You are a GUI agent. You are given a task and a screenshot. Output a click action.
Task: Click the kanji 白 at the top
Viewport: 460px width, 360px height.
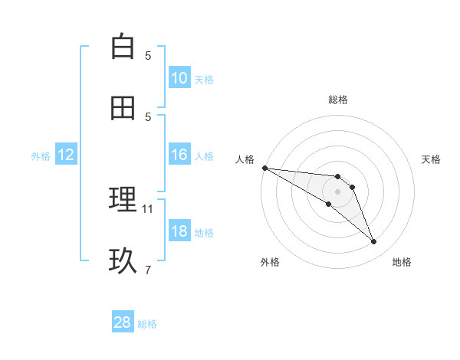point(123,47)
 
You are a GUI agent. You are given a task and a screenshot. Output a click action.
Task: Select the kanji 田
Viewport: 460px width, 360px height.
point(123,108)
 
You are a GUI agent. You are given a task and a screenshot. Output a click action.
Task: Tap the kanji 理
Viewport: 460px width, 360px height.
point(123,200)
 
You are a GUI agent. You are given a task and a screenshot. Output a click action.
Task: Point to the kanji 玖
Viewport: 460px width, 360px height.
point(123,261)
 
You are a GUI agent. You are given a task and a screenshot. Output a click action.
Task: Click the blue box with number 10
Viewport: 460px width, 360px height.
point(179,78)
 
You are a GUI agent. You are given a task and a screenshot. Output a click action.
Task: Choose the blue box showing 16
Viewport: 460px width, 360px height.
point(179,155)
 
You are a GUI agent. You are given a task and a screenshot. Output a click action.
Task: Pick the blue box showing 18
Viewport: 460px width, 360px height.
point(179,231)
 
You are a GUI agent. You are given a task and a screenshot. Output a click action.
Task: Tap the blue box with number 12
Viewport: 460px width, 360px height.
point(66,155)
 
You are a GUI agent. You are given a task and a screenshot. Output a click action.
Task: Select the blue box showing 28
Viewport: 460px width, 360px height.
point(123,322)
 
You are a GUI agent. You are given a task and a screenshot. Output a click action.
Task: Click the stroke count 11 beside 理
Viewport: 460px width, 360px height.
point(148,208)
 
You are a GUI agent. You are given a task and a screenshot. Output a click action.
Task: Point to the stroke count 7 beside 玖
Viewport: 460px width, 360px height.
point(148,270)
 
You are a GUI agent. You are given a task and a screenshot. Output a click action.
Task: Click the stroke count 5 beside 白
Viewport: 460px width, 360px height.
point(148,55)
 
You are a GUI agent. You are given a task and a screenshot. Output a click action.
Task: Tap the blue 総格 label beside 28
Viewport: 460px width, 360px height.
point(147,324)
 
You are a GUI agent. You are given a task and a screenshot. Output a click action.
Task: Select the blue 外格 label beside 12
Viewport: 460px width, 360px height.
point(41,155)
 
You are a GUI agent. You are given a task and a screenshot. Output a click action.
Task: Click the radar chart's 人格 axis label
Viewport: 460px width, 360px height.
point(245,159)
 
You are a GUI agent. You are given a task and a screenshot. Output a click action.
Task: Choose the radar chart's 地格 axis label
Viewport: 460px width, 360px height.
point(402,262)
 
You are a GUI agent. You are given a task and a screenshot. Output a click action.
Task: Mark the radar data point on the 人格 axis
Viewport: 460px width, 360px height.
point(264,168)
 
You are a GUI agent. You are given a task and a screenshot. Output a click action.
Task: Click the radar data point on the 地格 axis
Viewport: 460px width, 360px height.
point(374,242)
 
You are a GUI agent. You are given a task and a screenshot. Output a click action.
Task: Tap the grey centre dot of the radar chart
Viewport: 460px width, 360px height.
point(337,191)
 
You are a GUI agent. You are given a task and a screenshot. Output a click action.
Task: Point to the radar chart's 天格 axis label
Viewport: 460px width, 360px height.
point(431,159)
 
